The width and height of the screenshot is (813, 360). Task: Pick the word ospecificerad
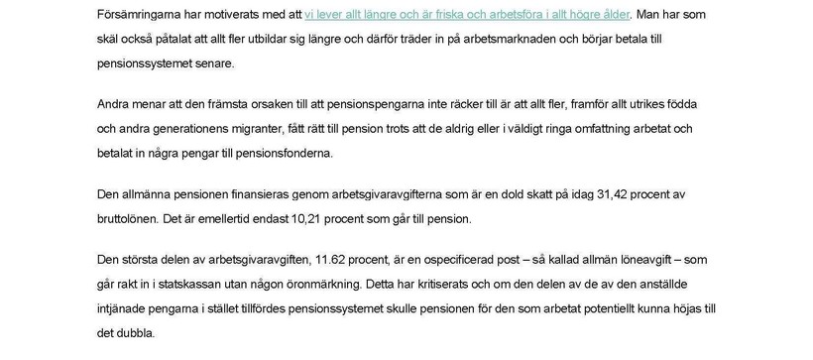pos(478,259)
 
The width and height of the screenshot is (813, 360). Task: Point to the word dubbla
pos(137,334)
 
